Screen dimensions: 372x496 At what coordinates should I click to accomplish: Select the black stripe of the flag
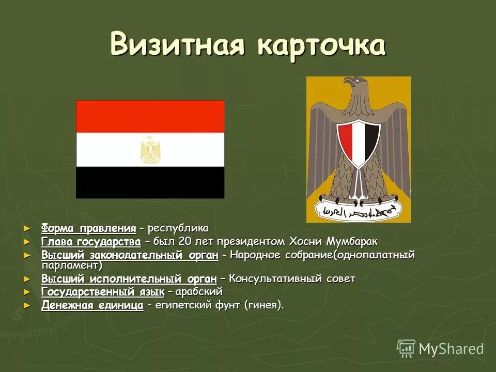pos(150,182)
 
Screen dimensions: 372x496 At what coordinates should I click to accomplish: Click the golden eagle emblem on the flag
pos(150,150)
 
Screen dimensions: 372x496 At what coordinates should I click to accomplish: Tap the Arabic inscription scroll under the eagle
pos(359,210)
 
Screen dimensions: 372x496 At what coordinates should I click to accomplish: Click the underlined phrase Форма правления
pos(89,228)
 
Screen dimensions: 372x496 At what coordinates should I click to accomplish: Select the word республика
pos(178,228)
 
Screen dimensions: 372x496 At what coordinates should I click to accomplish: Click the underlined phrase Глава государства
pos(91,242)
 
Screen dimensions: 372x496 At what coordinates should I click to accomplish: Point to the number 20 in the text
pos(184,242)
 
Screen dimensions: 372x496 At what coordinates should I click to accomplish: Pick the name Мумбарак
pos(353,242)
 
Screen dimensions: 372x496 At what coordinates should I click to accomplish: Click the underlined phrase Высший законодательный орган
pos(133,255)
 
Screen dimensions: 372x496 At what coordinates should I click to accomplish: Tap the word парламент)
pos(72,265)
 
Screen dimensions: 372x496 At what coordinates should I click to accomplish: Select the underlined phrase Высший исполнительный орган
pos(129,279)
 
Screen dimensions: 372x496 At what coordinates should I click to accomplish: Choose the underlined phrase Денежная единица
pos(92,306)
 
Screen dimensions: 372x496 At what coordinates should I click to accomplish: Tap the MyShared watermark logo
pos(440,349)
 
